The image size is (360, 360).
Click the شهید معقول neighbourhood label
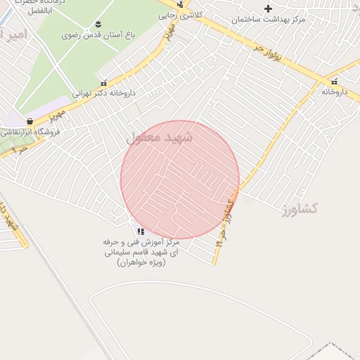(159, 138)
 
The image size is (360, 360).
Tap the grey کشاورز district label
(301, 209)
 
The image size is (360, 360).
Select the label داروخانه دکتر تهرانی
(104, 93)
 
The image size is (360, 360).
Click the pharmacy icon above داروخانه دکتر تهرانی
(104, 83)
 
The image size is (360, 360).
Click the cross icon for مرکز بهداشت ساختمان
(268, 9)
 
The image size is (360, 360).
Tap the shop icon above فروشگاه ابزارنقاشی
(30, 122)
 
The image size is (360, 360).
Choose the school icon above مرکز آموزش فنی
(141, 231)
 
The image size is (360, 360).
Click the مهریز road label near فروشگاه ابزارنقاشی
(56, 113)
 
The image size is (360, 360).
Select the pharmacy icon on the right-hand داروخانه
(334, 82)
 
